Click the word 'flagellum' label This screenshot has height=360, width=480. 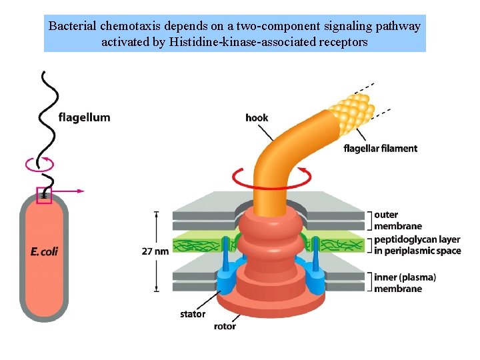click(84, 118)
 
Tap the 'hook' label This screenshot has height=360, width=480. click(257, 118)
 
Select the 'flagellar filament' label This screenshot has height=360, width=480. click(380, 148)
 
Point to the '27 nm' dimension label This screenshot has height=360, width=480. click(155, 251)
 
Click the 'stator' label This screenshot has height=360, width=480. click(193, 314)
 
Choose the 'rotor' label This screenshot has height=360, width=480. click(225, 327)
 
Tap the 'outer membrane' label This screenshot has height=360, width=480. click(398, 220)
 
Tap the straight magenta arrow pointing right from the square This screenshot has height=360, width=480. click(69, 191)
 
